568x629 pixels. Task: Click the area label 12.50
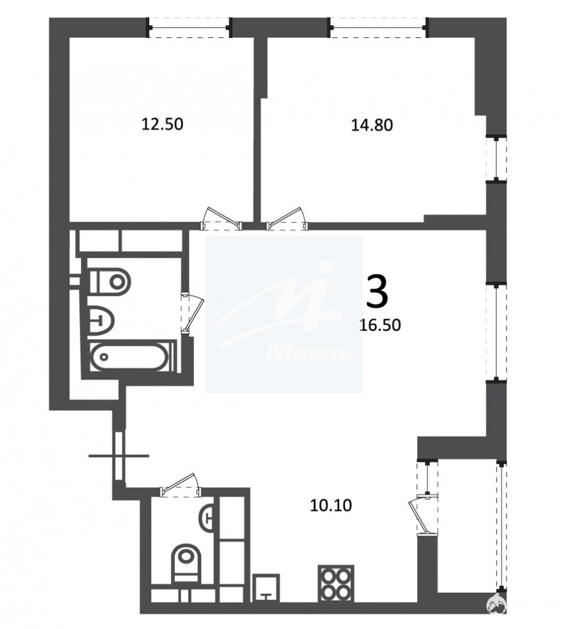click(163, 124)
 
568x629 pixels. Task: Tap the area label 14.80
click(372, 125)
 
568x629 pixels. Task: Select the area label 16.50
click(380, 325)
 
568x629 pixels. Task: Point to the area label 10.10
click(331, 505)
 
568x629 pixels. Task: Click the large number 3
click(378, 292)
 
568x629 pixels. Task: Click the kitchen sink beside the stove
click(266, 588)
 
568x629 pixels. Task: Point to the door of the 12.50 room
click(221, 218)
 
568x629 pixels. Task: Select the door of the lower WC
click(180, 484)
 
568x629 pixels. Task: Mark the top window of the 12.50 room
click(189, 27)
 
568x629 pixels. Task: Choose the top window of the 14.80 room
click(378, 27)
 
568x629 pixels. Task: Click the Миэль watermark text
click(309, 354)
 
